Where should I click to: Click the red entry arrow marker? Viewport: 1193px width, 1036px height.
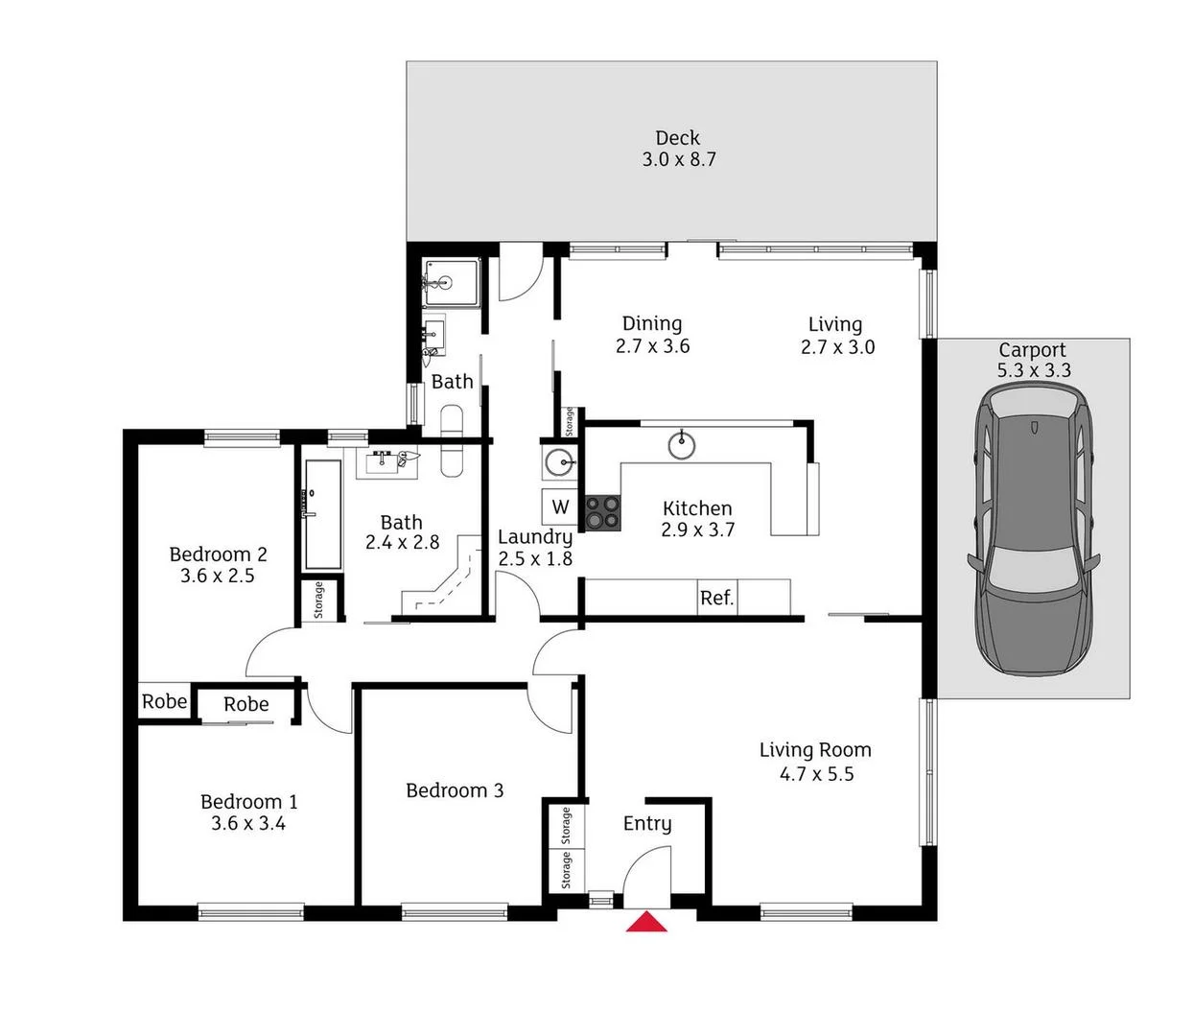(x=646, y=922)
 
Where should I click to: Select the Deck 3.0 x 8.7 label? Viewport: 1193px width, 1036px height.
(x=678, y=149)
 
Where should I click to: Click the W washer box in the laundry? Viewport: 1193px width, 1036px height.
(x=561, y=507)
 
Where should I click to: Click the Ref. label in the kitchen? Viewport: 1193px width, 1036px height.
(x=716, y=598)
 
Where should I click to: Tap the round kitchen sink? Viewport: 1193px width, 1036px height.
(x=682, y=444)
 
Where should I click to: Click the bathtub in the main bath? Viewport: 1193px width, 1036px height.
(x=323, y=514)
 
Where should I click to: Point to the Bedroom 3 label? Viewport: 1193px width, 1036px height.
(x=455, y=790)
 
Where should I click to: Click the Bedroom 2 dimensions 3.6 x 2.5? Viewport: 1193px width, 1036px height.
(x=218, y=576)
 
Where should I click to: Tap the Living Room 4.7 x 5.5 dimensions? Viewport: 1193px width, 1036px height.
(x=816, y=774)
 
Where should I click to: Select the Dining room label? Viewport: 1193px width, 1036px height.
(x=652, y=324)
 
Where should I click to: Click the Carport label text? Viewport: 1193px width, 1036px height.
(x=1032, y=350)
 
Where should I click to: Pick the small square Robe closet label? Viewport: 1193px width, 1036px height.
(x=164, y=701)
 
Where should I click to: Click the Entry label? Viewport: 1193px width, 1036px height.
(x=647, y=823)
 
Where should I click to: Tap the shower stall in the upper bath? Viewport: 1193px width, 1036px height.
(x=450, y=283)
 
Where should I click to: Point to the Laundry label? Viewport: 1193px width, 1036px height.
(x=535, y=537)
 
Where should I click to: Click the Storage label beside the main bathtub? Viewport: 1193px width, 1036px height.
(x=318, y=600)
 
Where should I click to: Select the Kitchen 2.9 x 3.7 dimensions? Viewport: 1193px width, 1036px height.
(x=697, y=530)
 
